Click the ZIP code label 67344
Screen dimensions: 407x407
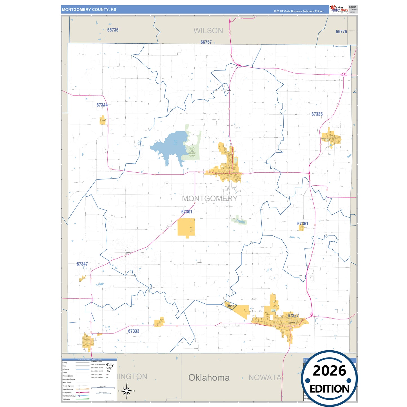(x=102, y=105)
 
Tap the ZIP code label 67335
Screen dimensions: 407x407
(x=317, y=114)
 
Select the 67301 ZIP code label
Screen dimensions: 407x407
(x=187, y=212)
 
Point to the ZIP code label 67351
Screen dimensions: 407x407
(x=303, y=224)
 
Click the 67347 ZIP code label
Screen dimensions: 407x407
(x=82, y=264)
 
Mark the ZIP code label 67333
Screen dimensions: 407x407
(x=134, y=331)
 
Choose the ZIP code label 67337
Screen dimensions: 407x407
(x=293, y=315)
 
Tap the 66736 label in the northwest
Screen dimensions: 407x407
(x=113, y=30)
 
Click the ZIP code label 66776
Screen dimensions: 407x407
(x=341, y=32)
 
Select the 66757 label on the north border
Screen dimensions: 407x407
(x=206, y=42)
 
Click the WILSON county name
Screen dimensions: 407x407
(x=208, y=31)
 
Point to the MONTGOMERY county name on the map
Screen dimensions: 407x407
(x=210, y=198)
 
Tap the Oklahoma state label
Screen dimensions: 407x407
(x=209, y=377)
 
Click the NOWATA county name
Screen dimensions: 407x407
(x=265, y=377)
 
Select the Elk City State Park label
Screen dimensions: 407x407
(x=192, y=152)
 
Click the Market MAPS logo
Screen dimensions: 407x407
(x=339, y=9)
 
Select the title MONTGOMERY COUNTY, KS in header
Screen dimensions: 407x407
(x=89, y=10)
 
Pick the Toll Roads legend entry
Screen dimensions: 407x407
(x=66, y=399)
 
